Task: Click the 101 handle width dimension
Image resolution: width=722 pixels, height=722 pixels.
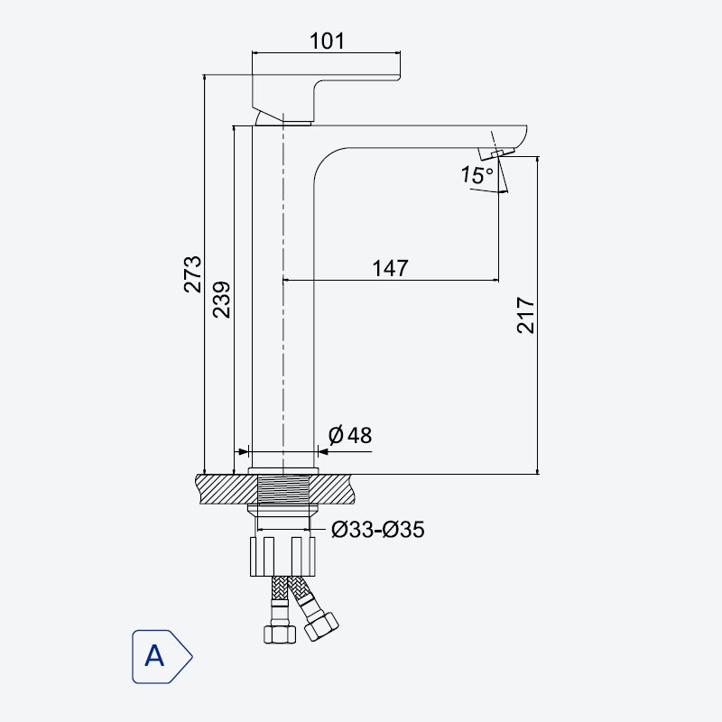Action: pos(327,41)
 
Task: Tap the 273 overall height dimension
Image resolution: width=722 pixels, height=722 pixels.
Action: pos(192,274)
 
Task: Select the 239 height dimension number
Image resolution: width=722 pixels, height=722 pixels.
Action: pos(221,300)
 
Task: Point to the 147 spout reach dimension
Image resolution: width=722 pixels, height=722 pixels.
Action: pos(390,268)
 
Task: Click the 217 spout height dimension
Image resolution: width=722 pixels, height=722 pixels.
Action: pos(525,315)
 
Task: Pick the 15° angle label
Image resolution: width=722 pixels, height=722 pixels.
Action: pos(477,175)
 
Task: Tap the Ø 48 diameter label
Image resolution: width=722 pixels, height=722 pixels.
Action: pos(350,435)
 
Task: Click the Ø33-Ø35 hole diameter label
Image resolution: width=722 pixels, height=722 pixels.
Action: pos(378,530)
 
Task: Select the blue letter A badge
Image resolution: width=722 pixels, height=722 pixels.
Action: pos(162,657)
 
